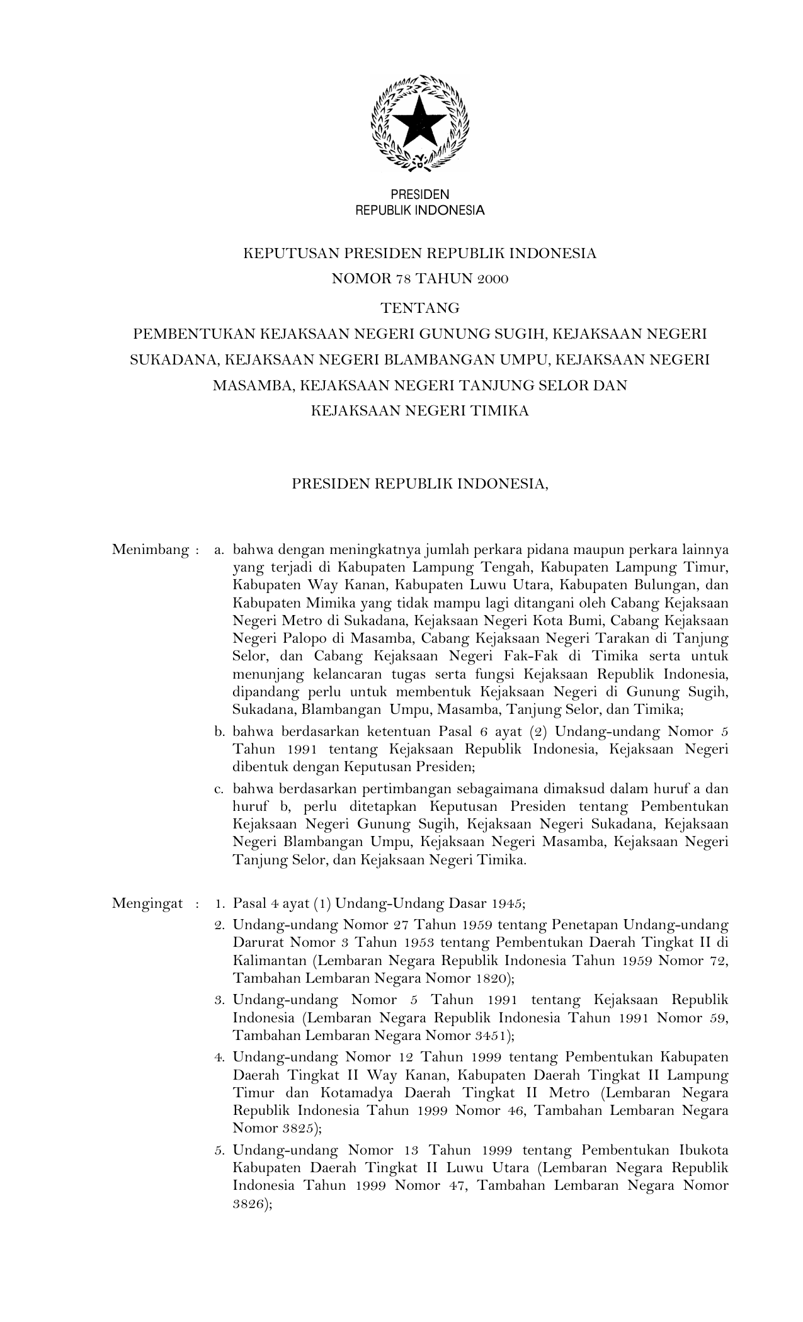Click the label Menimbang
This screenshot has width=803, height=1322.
pos(151,550)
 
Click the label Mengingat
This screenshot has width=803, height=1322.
pos(147,904)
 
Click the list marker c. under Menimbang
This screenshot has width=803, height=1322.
pos(219,789)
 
